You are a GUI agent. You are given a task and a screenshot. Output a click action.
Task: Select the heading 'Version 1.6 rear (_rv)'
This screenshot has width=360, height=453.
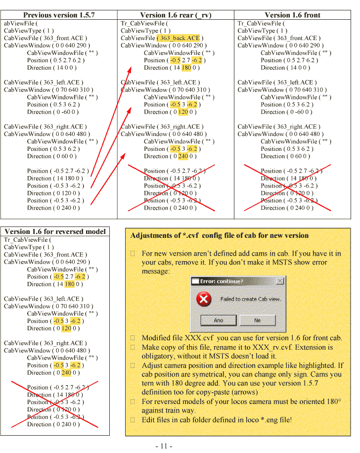(176, 15)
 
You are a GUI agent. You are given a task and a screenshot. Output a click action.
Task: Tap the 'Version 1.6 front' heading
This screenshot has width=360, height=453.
(292, 15)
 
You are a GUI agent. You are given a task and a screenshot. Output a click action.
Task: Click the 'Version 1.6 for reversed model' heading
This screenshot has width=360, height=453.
(55, 231)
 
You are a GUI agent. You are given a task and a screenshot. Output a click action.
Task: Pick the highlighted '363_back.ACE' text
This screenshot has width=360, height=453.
(179, 38)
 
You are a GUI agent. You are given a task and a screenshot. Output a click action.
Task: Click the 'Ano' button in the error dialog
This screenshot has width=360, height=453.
(218, 320)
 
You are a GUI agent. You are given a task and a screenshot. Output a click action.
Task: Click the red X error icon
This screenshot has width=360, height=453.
(204, 299)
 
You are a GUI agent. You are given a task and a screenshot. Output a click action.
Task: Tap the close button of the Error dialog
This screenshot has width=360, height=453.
(280, 281)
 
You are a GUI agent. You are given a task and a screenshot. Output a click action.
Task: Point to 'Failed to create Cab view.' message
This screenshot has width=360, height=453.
(250, 299)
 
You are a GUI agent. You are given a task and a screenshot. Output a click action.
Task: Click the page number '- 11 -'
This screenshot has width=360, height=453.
(164, 446)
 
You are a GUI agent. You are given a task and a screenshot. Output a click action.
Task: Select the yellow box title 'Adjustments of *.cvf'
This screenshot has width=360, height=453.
(219, 235)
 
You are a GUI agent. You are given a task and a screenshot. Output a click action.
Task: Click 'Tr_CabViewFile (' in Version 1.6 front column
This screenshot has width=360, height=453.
(261, 23)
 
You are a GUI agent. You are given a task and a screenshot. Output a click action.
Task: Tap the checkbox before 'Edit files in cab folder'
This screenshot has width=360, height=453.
(133, 420)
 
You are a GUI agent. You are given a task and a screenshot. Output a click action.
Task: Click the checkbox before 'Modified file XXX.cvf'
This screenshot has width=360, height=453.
(133, 338)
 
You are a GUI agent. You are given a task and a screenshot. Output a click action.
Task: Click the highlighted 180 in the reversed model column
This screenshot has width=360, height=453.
(69, 284)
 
